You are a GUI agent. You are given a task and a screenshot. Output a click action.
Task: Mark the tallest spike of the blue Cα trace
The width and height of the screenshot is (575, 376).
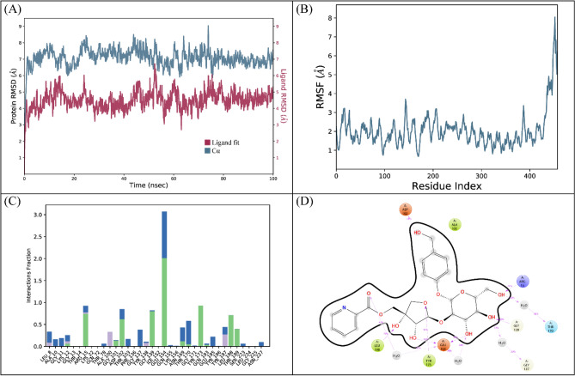(207, 27)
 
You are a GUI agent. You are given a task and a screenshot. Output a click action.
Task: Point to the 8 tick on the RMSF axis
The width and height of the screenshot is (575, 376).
(327, 17)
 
